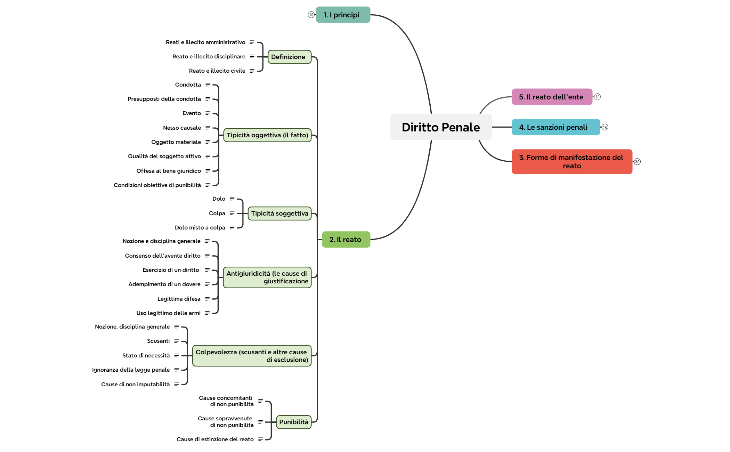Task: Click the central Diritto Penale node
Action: [x=441, y=127]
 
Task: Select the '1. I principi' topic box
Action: [x=343, y=15]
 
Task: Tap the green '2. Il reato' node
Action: [x=346, y=240]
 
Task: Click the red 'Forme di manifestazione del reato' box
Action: [x=572, y=162]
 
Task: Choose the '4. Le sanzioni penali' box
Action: [x=555, y=127]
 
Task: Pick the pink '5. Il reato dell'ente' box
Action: [x=552, y=97]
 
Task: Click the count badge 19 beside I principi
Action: [x=311, y=15]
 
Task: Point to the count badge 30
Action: [x=637, y=162]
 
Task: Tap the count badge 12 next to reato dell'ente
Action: [x=597, y=97]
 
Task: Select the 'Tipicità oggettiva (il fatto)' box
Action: [x=267, y=135]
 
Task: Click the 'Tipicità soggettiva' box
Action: [x=279, y=213]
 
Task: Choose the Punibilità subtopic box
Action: [x=293, y=422]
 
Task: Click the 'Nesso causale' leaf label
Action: [x=182, y=128]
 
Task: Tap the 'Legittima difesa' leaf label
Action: [x=179, y=299]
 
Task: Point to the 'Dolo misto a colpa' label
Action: [x=200, y=228]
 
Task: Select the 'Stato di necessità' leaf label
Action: [x=146, y=356]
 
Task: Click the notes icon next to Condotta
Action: [x=208, y=85]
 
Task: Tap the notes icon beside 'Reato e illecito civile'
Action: [x=252, y=71]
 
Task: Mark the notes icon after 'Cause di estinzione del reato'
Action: [x=260, y=439]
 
